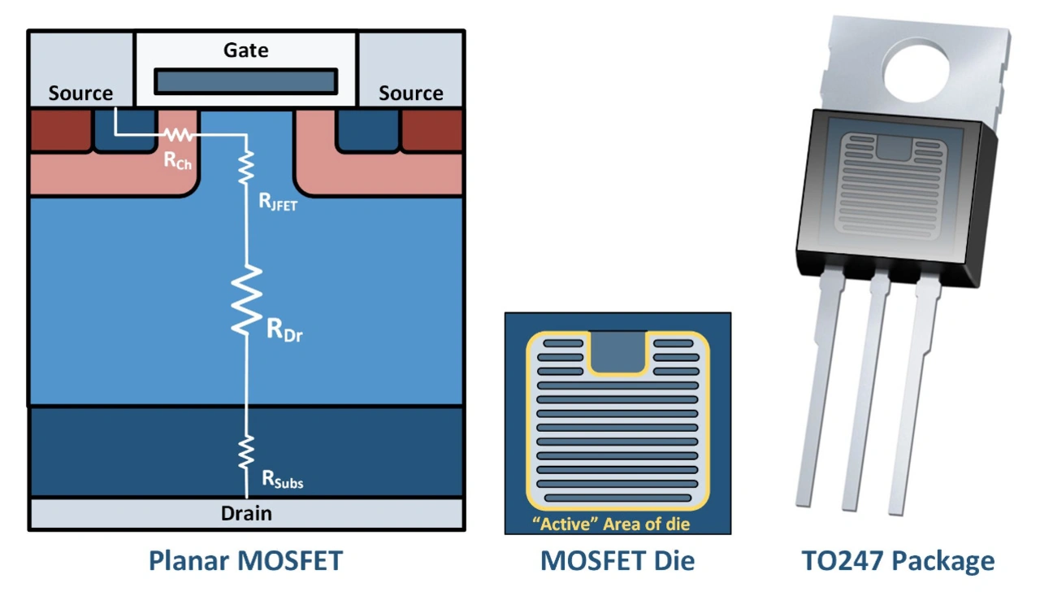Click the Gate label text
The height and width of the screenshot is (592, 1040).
pos(245,50)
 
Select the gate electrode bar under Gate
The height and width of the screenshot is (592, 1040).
pos(245,81)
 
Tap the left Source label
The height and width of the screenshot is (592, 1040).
pos(80,94)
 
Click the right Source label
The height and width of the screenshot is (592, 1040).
pos(410,94)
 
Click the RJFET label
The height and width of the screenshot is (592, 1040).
pos(278,203)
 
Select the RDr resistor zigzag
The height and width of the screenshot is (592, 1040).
pos(246,301)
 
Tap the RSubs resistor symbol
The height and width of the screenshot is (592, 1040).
pos(246,451)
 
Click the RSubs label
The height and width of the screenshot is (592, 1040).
pos(282,480)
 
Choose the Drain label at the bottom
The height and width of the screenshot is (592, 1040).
pos(246,513)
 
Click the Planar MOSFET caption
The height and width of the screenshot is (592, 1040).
pos(245,560)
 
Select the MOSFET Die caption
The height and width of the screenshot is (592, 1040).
pos(617,560)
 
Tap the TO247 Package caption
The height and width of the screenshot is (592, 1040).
pos(898,560)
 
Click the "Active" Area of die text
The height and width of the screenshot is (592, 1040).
pos(610,524)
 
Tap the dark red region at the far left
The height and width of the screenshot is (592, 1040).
pos(60,130)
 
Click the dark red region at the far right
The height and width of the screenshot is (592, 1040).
pos(431,130)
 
